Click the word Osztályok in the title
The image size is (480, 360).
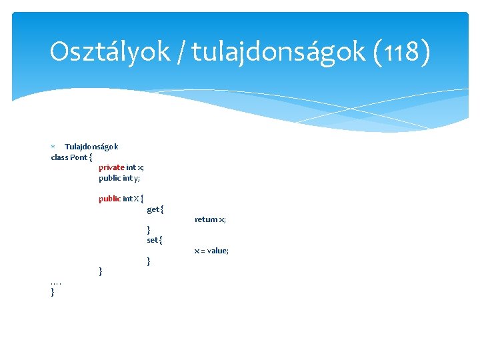tap(109, 51)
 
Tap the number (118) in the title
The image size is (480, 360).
tap(403, 51)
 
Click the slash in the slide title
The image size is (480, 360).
tap(181, 51)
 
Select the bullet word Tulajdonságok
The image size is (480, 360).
tap(91, 147)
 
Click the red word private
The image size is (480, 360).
tap(111, 167)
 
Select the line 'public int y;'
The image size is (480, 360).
tap(119, 178)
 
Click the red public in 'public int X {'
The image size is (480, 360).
tap(110, 199)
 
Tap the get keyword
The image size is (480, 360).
tap(153, 209)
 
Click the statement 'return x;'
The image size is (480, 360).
tap(210, 219)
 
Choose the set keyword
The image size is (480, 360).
tap(153, 240)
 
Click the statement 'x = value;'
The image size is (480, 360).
tap(211, 251)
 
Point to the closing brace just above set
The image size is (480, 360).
tap(149, 230)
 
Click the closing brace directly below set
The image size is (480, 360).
tap(149, 261)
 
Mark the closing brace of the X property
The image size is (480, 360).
tap(101, 271)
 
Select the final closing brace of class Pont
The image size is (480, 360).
tap(53, 292)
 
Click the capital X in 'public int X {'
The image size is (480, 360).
tap(136, 199)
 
